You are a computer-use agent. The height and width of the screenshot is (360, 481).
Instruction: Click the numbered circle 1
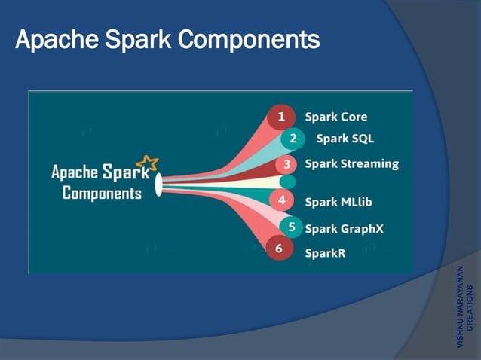[281, 117]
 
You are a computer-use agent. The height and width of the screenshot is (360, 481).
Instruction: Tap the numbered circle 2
[293, 139]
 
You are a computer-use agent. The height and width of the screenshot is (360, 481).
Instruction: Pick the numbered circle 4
[281, 201]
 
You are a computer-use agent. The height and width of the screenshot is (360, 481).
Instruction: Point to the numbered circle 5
[291, 227]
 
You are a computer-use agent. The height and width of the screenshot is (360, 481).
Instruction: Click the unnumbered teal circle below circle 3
[287, 182]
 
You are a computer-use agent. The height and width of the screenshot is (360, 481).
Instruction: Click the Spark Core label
[335, 117]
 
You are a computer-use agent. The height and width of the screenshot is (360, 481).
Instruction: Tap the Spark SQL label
[345, 139]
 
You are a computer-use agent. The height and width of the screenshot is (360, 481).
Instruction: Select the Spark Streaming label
[351, 164]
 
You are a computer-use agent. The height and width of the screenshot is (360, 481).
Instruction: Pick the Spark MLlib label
[339, 202]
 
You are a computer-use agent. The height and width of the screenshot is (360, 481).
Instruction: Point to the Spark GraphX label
[344, 228]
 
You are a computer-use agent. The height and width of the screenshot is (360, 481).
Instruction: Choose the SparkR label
[325, 253]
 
